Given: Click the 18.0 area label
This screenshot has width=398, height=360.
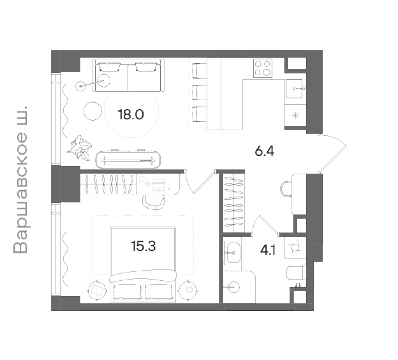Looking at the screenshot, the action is coord(131,115).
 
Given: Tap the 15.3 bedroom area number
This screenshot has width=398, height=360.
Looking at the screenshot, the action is coord(143,246).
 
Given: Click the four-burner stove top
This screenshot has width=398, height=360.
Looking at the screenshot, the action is coord(263,68).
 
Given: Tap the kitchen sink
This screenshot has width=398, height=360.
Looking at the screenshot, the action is coord(294,88).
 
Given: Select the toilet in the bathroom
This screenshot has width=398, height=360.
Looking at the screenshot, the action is coord(296,273).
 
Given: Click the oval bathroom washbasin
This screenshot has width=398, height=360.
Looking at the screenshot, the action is coord(233,253).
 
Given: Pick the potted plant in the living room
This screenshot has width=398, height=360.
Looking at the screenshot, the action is coord(79,147).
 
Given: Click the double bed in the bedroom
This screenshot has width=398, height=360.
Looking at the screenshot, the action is coord(143,265).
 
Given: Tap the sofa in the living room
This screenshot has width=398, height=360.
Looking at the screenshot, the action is coord(128,75).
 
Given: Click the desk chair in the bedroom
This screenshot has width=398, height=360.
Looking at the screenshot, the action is coord(153,202).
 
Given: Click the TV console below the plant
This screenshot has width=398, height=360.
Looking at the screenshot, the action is coord(128,160).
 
